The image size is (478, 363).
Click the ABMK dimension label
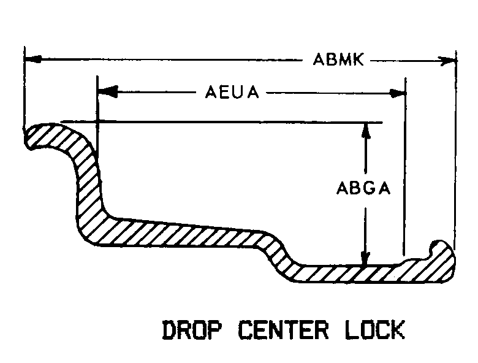[338, 59]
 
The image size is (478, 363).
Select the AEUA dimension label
[232, 92]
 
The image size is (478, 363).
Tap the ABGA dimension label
[363, 188]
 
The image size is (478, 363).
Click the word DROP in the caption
[192, 330]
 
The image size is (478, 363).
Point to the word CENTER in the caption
[284, 330]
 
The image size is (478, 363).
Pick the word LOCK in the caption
[375, 329]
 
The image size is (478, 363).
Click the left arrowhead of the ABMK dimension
[33, 59]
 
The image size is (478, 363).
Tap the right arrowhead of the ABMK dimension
[447, 61]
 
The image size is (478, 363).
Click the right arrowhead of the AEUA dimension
[396, 93]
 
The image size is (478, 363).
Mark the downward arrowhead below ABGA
[365, 258]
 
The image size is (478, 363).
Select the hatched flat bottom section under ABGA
[351, 273]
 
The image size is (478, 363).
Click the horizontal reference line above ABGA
[222, 122]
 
